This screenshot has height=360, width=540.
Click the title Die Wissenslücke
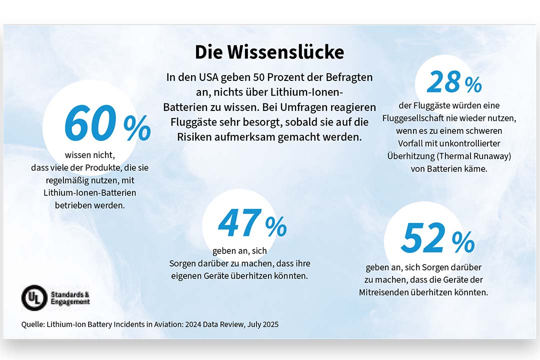pos(269,52)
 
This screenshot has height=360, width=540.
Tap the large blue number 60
pos(90,124)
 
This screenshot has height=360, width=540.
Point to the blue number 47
pos(240,223)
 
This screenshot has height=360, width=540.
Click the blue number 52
pos(423,238)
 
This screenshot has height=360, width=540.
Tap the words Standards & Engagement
pos(70,297)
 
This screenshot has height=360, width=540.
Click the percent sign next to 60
pos(136,129)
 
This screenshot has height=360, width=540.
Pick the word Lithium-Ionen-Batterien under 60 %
pos(89,192)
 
